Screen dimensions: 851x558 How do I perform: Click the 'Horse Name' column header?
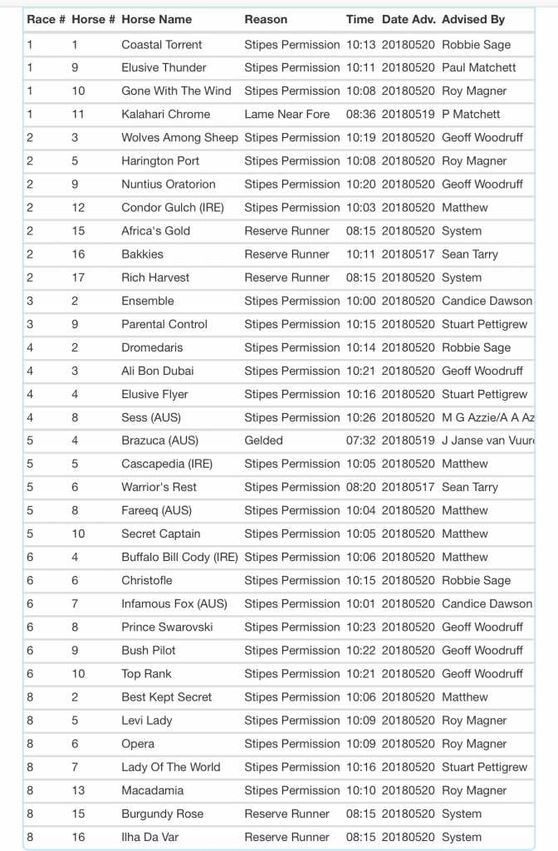156,19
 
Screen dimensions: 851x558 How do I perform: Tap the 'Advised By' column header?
473,19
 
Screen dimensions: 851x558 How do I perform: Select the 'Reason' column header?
266,19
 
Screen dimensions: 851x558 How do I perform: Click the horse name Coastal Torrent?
162,44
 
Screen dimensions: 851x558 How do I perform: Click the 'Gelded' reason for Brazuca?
263,440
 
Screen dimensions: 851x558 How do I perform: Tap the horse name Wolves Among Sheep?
179,137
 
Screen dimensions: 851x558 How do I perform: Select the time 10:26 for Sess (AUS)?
360,417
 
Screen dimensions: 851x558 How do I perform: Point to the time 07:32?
360,440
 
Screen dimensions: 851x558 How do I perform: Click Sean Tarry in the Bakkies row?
470,254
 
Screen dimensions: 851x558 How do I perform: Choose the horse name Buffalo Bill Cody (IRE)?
179,557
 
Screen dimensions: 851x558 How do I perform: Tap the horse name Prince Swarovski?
167,627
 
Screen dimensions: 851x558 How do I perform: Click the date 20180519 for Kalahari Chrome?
408,114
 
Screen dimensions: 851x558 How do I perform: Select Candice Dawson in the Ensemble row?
487,301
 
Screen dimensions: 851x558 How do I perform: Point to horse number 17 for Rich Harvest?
78,278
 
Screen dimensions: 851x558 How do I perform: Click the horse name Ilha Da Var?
149,837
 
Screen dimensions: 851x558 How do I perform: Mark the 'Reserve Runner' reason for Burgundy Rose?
286,814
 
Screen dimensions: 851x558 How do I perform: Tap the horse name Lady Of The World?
171,767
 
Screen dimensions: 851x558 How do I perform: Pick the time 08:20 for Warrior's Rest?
360,487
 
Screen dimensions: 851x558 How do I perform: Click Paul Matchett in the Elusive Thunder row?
479,67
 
